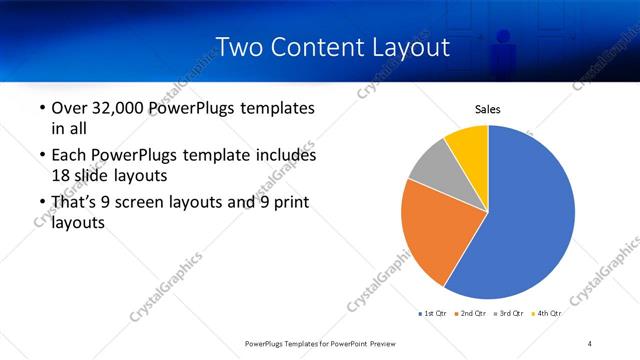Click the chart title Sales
487,110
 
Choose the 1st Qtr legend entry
432,313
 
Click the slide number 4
590,343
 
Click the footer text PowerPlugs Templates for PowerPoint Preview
321,343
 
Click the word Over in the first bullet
68,108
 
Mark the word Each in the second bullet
67,156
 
